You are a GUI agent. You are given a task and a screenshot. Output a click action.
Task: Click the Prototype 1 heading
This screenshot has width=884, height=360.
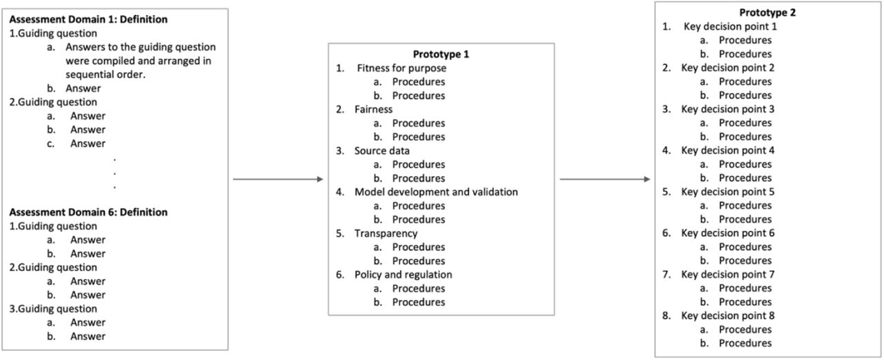(x=441, y=54)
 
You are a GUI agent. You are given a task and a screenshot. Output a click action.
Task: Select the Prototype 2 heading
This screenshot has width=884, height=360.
(x=767, y=12)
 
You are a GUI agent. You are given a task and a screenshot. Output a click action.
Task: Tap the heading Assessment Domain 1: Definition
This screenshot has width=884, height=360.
(x=88, y=19)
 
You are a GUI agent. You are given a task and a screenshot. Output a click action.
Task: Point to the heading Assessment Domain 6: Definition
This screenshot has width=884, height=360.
(x=88, y=212)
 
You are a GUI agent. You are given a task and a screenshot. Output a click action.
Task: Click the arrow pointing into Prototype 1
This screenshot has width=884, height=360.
(x=278, y=179)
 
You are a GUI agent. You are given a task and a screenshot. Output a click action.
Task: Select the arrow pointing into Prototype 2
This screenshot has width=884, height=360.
(x=604, y=179)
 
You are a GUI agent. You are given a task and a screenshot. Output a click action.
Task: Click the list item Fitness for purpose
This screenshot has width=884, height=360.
(x=401, y=68)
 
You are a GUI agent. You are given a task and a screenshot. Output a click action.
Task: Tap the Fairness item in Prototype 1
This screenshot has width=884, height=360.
(x=374, y=109)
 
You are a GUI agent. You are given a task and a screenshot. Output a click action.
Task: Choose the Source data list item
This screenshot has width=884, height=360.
(x=382, y=151)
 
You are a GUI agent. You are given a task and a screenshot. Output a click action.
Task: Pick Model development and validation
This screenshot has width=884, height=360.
(x=436, y=192)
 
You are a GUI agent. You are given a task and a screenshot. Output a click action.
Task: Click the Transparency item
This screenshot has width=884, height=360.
(x=385, y=234)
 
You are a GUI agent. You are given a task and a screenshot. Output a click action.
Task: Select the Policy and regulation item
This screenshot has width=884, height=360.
(x=403, y=275)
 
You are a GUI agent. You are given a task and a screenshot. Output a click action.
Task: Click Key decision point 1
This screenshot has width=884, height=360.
(x=730, y=26)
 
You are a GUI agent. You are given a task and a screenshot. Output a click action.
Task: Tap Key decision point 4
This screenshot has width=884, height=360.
(x=728, y=151)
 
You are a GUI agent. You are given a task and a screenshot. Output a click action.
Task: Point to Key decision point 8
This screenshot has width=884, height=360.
(x=728, y=316)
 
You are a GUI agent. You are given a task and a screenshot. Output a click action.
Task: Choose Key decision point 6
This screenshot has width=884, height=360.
(x=728, y=233)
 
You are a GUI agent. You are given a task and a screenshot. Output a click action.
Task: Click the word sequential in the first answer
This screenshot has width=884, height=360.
(x=91, y=75)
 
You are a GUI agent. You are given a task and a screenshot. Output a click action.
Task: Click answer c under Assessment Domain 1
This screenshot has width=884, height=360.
(x=88, y=143)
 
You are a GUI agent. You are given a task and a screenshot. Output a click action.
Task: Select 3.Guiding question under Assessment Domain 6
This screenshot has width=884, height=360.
(x=53, y=309)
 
